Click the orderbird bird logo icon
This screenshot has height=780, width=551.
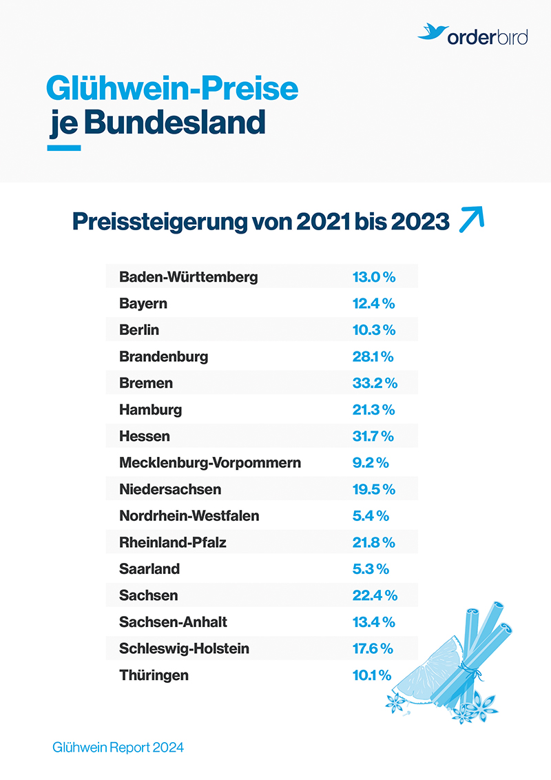(431, 32)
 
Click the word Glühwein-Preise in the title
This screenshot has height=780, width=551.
(172, 90)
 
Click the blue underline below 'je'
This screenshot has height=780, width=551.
(64, 147)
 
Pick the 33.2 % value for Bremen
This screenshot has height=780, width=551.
(374, 383)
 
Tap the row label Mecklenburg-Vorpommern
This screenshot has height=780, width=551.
(210, 462)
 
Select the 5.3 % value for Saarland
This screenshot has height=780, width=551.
(371, 569)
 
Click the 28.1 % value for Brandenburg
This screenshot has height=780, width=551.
(373, 357)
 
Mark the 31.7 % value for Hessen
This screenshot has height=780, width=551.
(373, 436)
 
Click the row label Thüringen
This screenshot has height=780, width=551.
(154, 675)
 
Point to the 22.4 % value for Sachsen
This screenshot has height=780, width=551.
(374, 595)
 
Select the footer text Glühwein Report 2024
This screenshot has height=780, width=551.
(118, 747)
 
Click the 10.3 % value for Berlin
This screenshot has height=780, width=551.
(373, 330)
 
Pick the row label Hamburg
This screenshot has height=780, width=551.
(150, 410)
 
